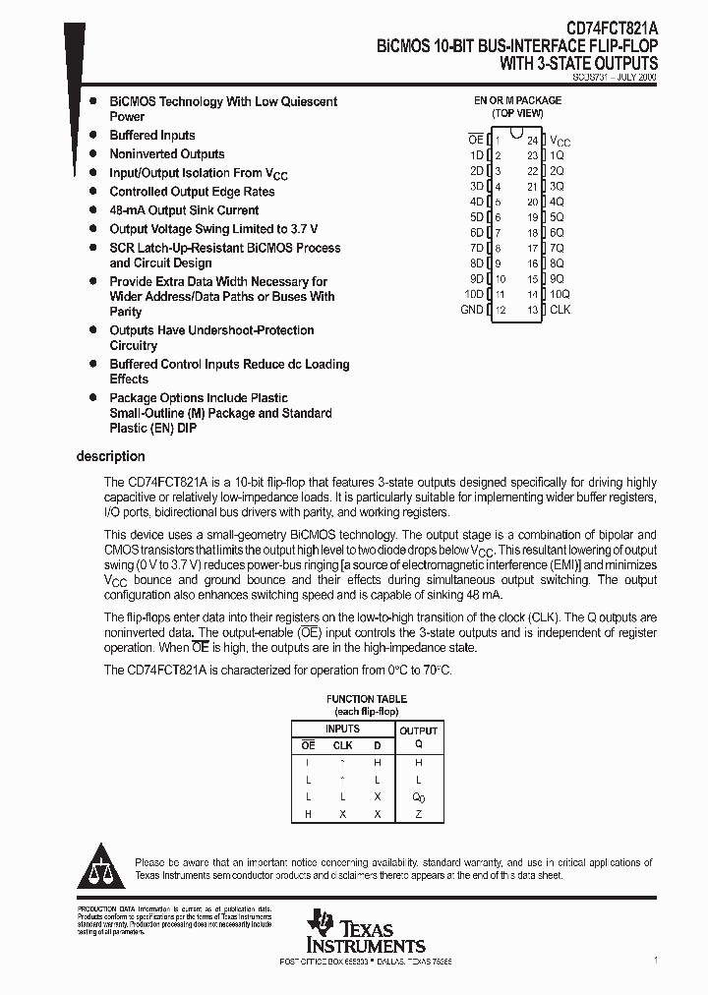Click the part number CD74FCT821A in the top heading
pos(600,29)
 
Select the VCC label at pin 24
pos(560,142)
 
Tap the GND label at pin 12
pos(472,310)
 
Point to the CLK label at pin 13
pos(560,310)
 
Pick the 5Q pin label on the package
pos(557,217)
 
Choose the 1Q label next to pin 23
pos(557,155)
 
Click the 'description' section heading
pos(110,456)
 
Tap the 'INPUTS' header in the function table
pos(341,729)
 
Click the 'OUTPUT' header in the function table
pos(418,731)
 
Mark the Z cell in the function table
pos(418,814)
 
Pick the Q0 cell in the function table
pos(418,797)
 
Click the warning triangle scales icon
pos(101,866)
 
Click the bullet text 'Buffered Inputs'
pos(152,136)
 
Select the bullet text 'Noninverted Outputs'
pos(167,154)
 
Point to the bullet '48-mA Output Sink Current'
pos(184,210)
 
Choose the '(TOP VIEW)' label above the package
pos(517,113)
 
